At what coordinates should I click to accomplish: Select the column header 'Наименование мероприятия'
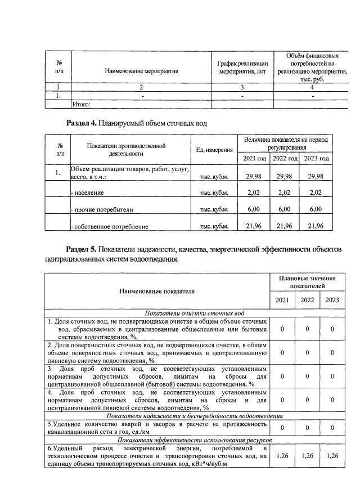click(x=141, y=71)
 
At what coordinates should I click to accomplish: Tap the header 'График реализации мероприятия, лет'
click(x=242, y=68)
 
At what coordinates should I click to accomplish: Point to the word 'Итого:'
click(x=82, y=104)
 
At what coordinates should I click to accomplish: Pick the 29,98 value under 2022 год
click(x=286, y=176)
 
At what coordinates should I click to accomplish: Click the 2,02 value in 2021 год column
click(x=256, y=193)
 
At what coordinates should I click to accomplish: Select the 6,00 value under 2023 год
click(x=316, y=209)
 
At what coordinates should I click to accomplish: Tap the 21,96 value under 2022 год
click(x=286, y=226)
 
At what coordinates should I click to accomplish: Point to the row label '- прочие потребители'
click(x=101, y=209)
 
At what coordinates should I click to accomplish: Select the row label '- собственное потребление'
click(x=109, y=227)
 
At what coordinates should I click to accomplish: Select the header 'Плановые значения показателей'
click(x=307, y=283)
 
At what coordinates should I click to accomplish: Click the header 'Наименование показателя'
click(x=157, y=292)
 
